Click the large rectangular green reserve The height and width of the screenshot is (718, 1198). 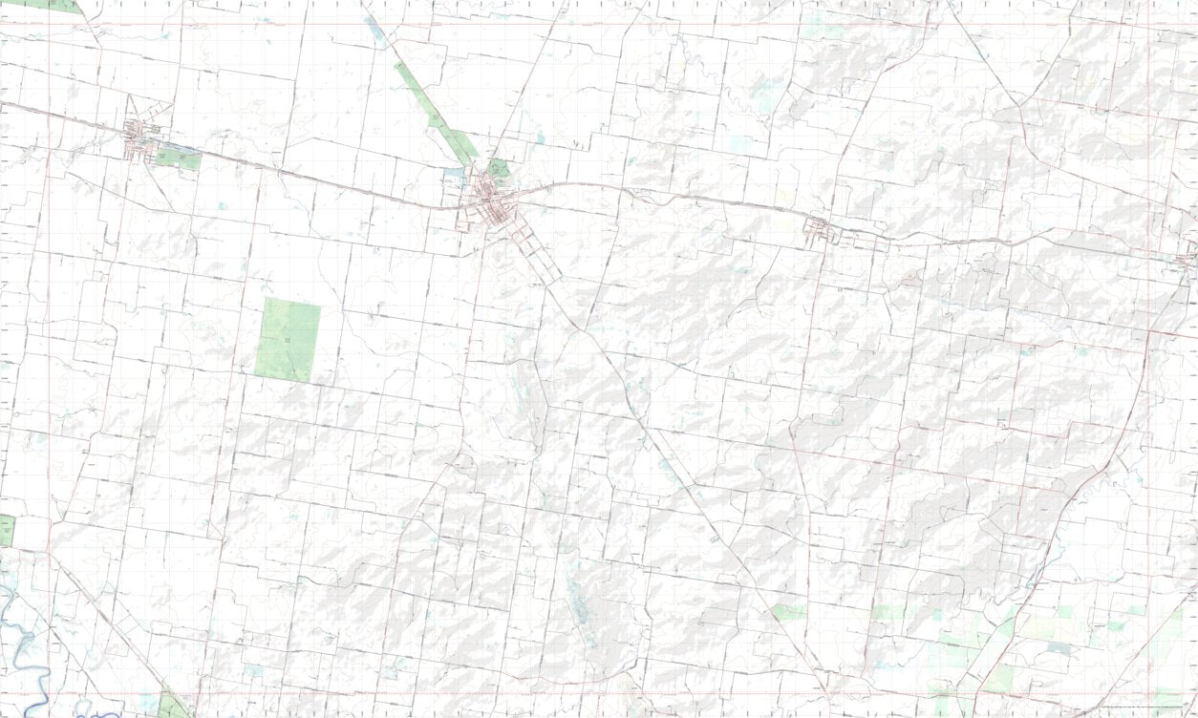288,339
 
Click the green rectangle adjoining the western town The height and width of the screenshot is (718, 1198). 179,157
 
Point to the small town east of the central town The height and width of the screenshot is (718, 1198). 819,229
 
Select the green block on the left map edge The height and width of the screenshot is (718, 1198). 7,530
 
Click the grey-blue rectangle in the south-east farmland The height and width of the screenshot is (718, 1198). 1059,647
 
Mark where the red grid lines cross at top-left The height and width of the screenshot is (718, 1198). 48,24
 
